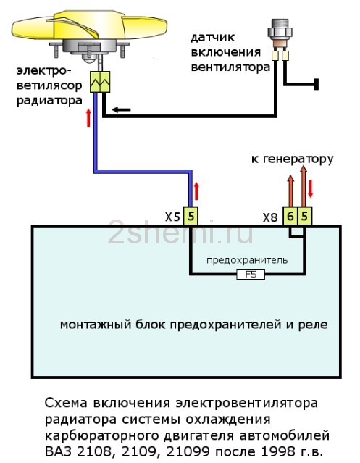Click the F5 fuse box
pyautogui.click(x=251, y=275)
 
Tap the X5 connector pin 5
pyautogui.click(x=191, y=217)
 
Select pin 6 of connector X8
pyautogui.click(x=290, y=217)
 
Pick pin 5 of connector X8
pyautogui.click(x=304, y=217)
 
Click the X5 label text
pyautogui.click(x=172, y=217)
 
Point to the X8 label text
pyautogui.click(x=270, y=218)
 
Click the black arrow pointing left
pyautogui.click(x=121, y=110)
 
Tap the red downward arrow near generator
pyautogui.click(x=310, y=188)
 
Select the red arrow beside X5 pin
pyautogui.click(x=196, y=191)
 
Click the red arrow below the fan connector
pyautogui.click(x=88, y=117)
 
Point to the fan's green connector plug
pyautogui.click(x=100, y=81)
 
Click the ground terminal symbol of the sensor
pyautogui.click(x=316, y=85)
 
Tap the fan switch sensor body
pyautogui.click(x=280, y=33)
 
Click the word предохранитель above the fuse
pyautogui.click(x=247, y=260)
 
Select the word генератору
pyautogui.click(x=298, y=159)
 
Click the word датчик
pyautogui.click(x=212, y=38)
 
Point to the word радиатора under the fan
pyautogui.click(x=49, y=101)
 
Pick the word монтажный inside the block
pyautogui.click(x=96, y=325)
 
